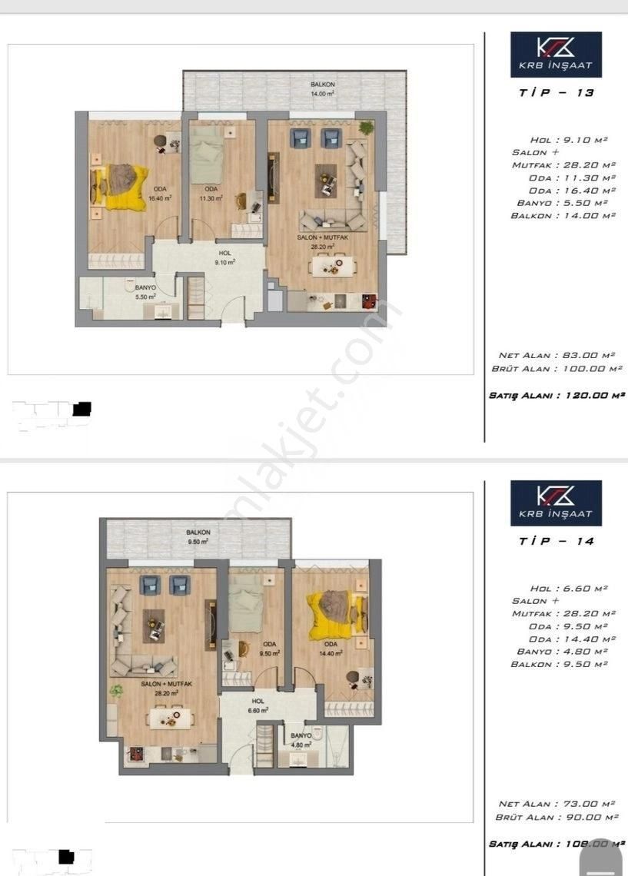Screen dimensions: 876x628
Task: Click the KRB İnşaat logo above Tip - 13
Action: click(x=556, y=55)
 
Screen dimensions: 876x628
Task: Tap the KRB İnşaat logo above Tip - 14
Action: click(x=556, y=503)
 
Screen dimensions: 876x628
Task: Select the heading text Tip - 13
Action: click(x=557, y=92)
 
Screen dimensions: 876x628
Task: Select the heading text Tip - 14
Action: click(x=557, y=541)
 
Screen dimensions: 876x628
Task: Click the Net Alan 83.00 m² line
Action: click(x=557, y=355)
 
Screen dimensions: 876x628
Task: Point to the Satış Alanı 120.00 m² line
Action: click(x=557, y=395)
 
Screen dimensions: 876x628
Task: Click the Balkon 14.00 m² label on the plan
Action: click(x=322, y=88)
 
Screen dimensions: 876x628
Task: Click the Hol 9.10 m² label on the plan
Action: click(x=224, y=257)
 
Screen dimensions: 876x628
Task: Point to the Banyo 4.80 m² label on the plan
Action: click(x=301, y=740)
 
